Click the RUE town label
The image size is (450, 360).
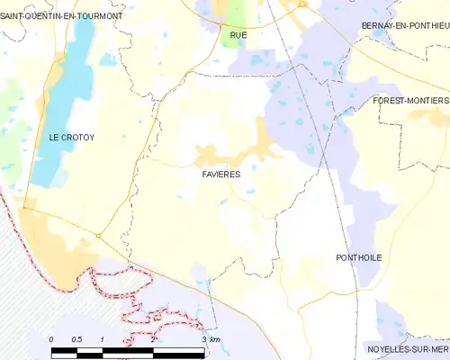coord(238,35)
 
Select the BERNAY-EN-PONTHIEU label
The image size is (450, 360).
coord(403,25)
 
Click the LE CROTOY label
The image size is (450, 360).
coord(72,138)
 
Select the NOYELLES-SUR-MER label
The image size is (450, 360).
coord(402,348)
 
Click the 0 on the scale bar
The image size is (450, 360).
coord(52,338)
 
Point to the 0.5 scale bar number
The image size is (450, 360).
coord(77,338)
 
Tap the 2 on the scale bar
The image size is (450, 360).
coord(154,338)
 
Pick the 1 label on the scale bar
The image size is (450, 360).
coord(103,338)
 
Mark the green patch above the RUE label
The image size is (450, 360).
coord(236,13)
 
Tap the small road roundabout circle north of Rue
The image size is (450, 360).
coord(303,4)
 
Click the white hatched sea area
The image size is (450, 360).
coord(22,288)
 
